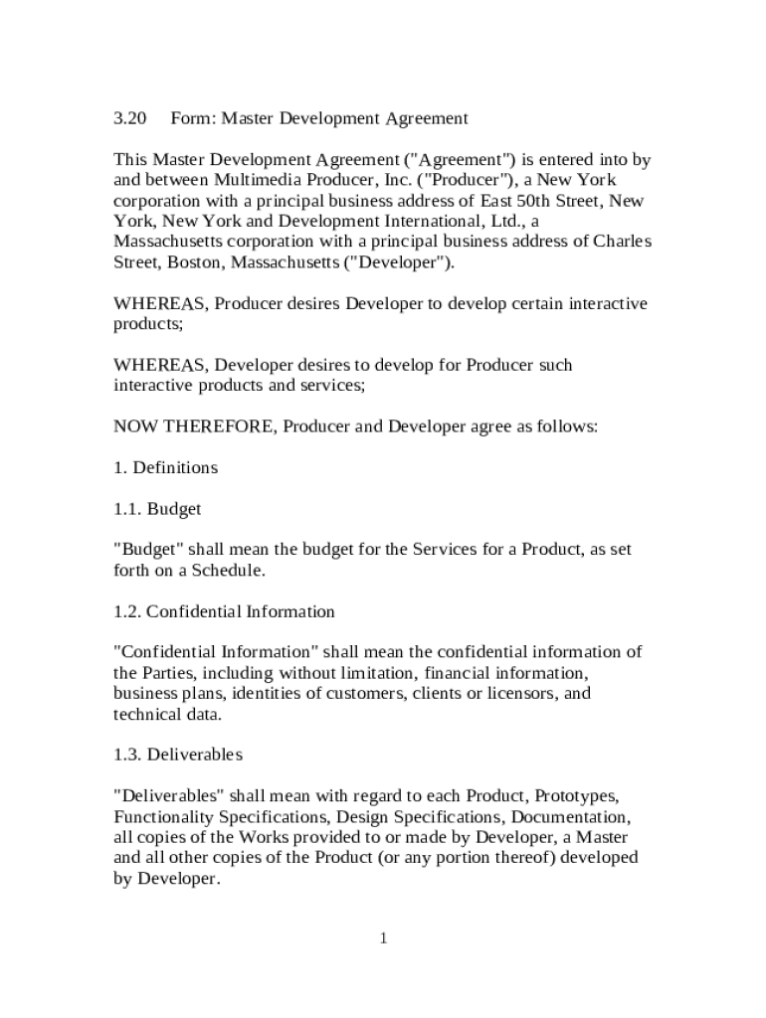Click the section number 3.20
click(129, 118)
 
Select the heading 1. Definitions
click(165, 467)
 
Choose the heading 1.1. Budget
click(157, 509)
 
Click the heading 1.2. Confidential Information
click(224, 611)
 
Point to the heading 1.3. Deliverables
click(177, 755)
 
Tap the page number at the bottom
click(382, 938)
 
